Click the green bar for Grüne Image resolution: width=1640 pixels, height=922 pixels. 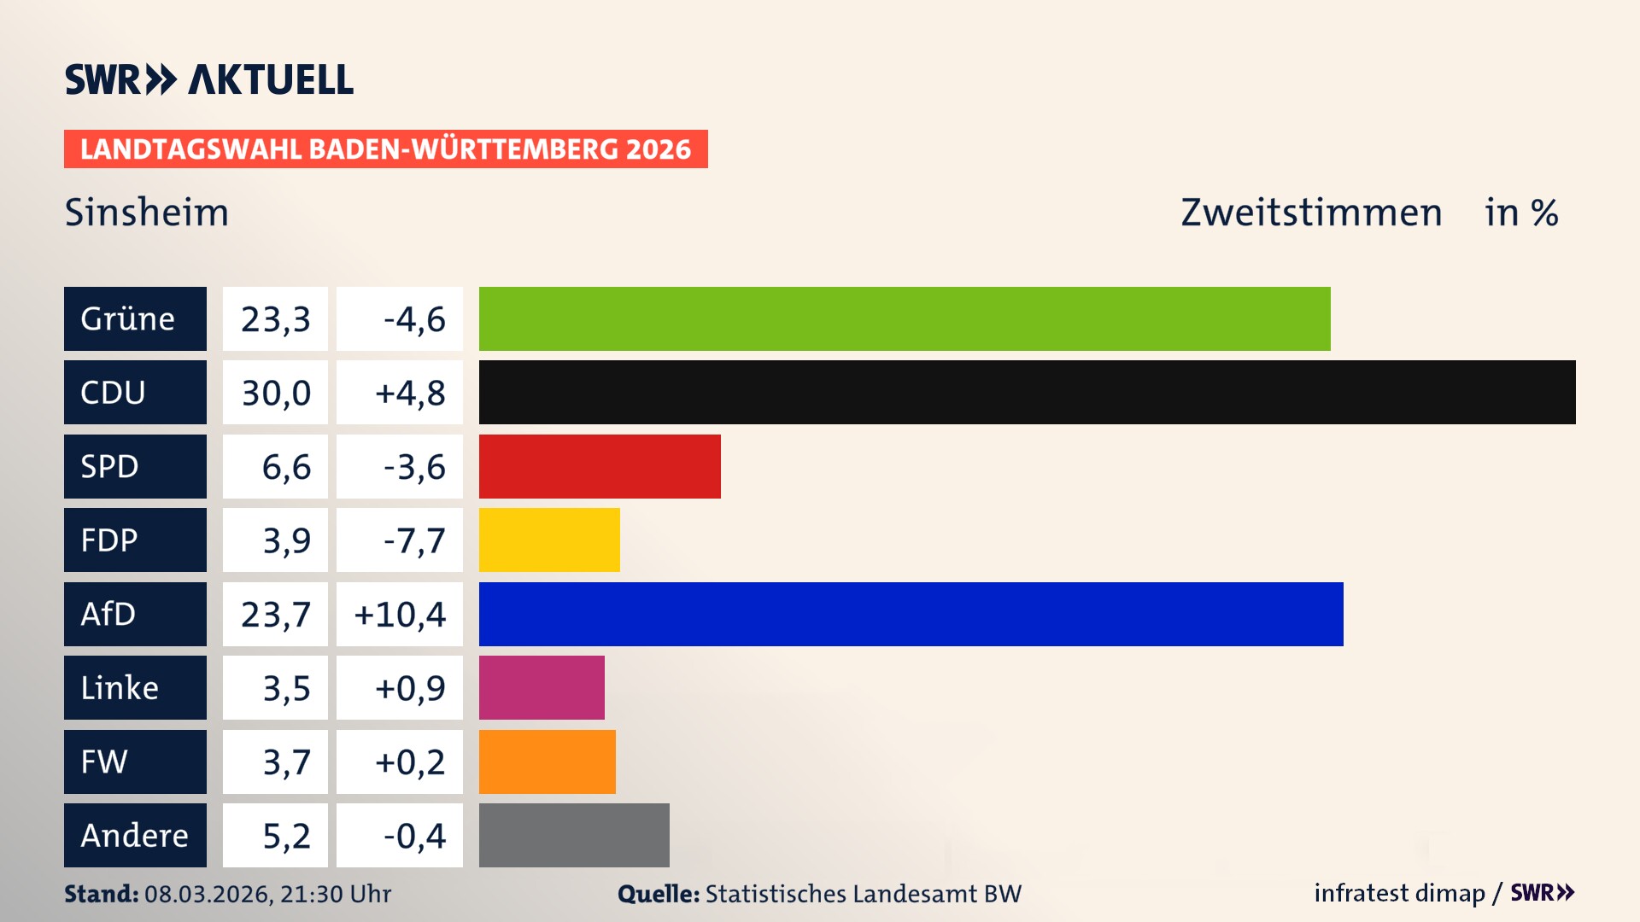click(904, 318)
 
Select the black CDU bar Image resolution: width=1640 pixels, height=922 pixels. click(1027, 392)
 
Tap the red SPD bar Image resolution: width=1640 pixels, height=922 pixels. click(600, 466)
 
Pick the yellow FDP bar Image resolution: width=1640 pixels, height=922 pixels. click(549, 540)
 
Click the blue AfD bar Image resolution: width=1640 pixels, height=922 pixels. click(911, 614)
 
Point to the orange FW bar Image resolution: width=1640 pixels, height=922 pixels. click(547, 762)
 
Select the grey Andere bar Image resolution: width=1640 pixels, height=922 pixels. click(574, 835)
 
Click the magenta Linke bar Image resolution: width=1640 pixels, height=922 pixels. click(542, 687)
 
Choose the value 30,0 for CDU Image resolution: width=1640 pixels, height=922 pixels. click(275, 393)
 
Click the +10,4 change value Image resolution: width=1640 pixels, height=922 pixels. click(400, 615)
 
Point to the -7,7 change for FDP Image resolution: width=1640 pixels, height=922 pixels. click(413, 540)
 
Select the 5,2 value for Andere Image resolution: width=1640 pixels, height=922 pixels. click(285, 836)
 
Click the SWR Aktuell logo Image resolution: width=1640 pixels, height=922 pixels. click(208, 79)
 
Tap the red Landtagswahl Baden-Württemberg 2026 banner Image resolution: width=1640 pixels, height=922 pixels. click(385, 149)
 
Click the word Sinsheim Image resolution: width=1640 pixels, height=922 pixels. click(147, 212)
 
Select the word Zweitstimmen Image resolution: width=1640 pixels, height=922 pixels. click(1311, 212)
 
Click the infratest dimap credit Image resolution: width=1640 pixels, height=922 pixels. click(1398, 893)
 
